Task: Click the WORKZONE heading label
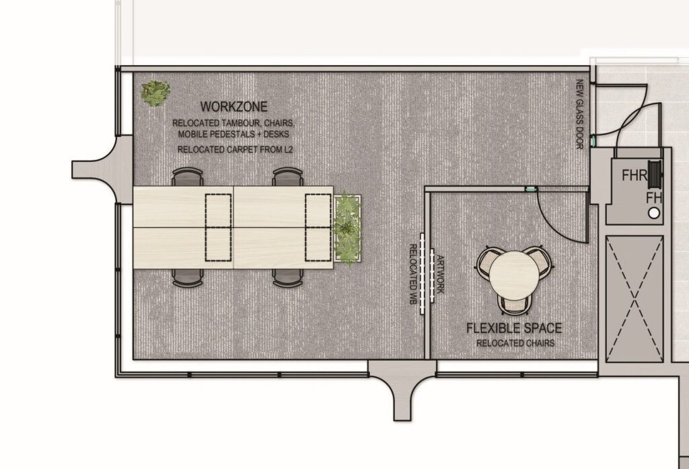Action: coord(233,107)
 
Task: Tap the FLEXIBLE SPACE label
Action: coord(514,328)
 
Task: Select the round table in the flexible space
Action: coord(515,275)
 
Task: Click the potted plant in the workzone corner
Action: coord(155,93)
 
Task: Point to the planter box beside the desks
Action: coord(348,228)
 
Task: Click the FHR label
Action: coord(634,176)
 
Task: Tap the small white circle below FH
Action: coord(654,213)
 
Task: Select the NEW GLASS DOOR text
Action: coord(579,114)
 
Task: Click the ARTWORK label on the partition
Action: coord(441,275)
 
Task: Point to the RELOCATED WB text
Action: coord(413,275)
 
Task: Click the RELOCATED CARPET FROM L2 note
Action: coord(235,150)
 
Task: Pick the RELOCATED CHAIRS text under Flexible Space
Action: coord(515,343)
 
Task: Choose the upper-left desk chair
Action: coord(188,177)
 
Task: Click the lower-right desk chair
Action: coord(288,278)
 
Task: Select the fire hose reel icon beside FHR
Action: coord(655,175)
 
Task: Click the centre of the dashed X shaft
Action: coord(634,300)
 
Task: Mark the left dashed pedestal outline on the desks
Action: coord(219,228)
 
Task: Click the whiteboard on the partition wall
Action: coord(423,273)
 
